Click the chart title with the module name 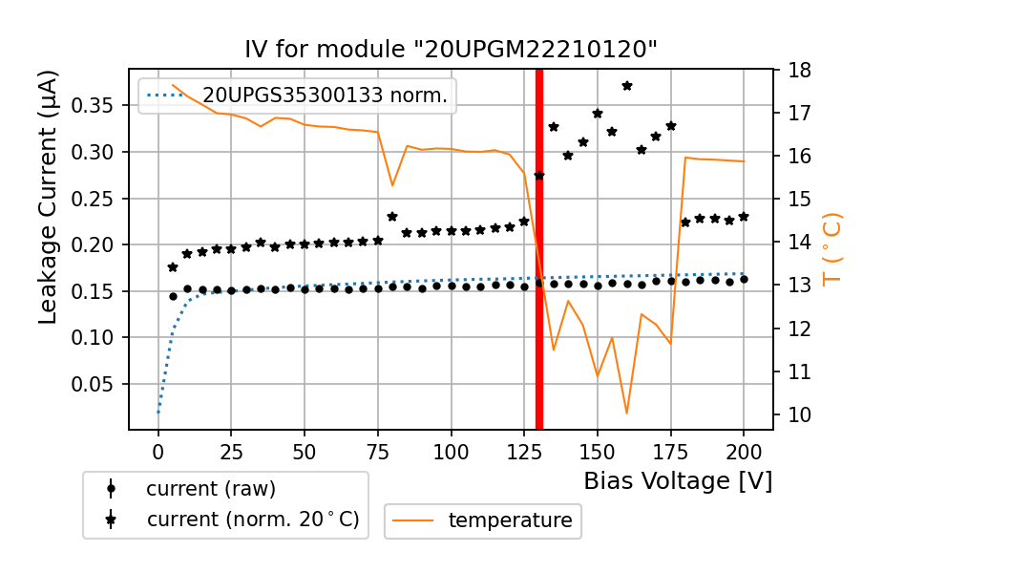pos(452,50)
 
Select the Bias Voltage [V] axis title pos(678,480)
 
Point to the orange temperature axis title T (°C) pos(831,247)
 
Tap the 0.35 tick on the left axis pos(100,105)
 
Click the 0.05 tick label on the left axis pos(100,384)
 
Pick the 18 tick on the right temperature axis pos(799,71)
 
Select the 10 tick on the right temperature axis pos(799,414)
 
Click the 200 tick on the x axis pos(744,448)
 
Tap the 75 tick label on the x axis pos(378,448)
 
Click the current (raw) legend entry pos(211,489)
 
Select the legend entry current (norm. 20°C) pos(253,520)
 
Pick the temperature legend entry pos(510,520)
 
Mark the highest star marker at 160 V pos(627,86)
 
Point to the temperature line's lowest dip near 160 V pos(627,413)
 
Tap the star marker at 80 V pos(392,217)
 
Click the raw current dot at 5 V pos(173,296)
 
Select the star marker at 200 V pos(744,217)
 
